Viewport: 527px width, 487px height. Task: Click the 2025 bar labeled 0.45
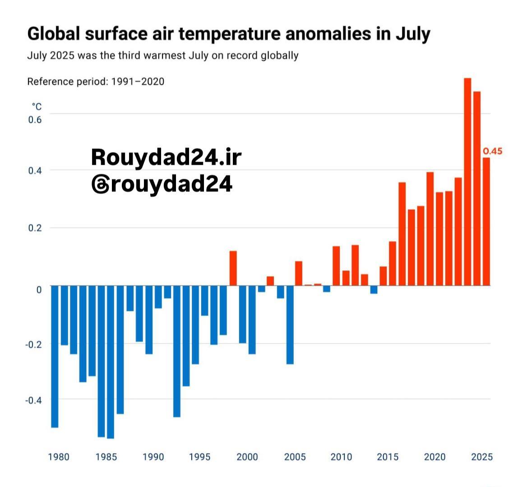486,221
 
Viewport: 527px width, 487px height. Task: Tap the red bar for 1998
233,268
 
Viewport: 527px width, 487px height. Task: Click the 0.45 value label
492,151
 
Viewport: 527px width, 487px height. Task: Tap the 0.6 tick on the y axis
35,120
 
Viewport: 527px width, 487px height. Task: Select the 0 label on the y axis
39,289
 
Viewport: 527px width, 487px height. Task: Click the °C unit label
36,107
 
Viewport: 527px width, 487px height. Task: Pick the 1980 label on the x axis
59,457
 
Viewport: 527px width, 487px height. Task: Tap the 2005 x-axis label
295,457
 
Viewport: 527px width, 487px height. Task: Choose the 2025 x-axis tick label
482,457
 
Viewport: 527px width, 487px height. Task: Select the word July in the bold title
413,34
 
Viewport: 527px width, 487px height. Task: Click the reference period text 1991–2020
138,82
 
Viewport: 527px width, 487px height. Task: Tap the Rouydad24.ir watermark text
166,157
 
